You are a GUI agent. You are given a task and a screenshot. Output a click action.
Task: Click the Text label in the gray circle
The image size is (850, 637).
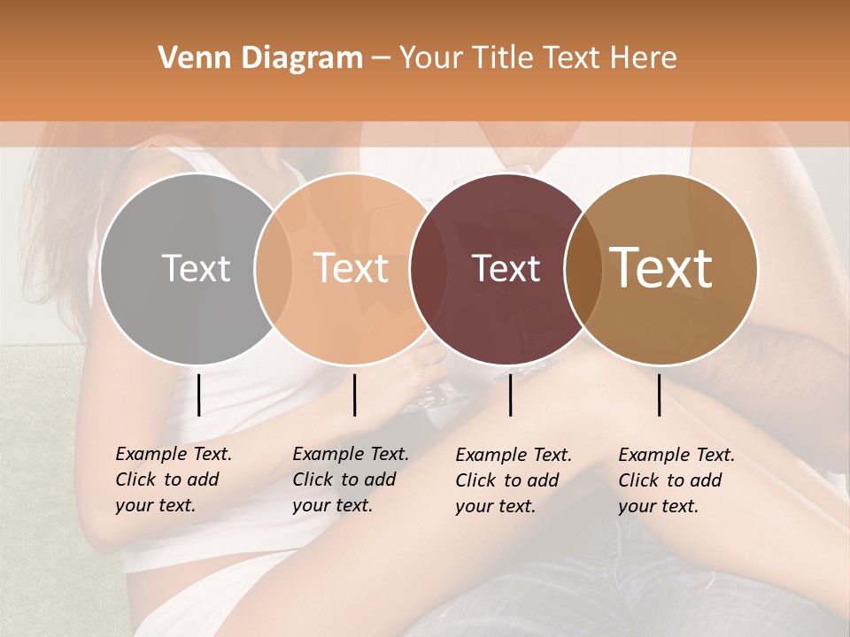tap(196, 268)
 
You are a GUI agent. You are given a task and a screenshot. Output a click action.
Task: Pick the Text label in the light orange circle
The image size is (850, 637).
tap(351, 268)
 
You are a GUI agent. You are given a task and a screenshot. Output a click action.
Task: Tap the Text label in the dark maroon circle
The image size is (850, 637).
tap(506, 268)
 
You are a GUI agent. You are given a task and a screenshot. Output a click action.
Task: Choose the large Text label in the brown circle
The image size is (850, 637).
tap(661, 268)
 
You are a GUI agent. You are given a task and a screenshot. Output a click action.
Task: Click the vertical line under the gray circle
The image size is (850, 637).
tap(199, 395)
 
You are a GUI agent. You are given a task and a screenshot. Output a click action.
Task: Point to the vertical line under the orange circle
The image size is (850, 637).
tap(354, 395)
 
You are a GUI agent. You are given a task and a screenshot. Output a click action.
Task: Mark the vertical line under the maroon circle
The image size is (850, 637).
tap(511, 395)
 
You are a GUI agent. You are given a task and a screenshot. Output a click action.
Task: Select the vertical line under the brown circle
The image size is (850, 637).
tap(660, 395)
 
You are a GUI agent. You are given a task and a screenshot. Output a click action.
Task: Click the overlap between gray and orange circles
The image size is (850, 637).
tap(274, 269)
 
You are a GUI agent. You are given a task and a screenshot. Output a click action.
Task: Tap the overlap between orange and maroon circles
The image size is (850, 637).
tap(429, 269)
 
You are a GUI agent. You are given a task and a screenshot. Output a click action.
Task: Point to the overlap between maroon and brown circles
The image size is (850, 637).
tap(583, 269)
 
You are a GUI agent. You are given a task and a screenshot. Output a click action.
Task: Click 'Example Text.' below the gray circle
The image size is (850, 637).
tap(174, 454)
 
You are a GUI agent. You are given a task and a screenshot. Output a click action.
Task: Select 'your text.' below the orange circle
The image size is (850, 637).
tap(332, 506)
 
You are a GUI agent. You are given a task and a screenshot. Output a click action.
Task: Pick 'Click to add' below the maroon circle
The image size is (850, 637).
tap(507, 480)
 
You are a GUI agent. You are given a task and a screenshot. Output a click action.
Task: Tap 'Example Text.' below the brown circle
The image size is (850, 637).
tap(676, 455)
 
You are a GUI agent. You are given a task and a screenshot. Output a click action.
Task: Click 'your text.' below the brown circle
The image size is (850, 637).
tap(658, 507)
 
